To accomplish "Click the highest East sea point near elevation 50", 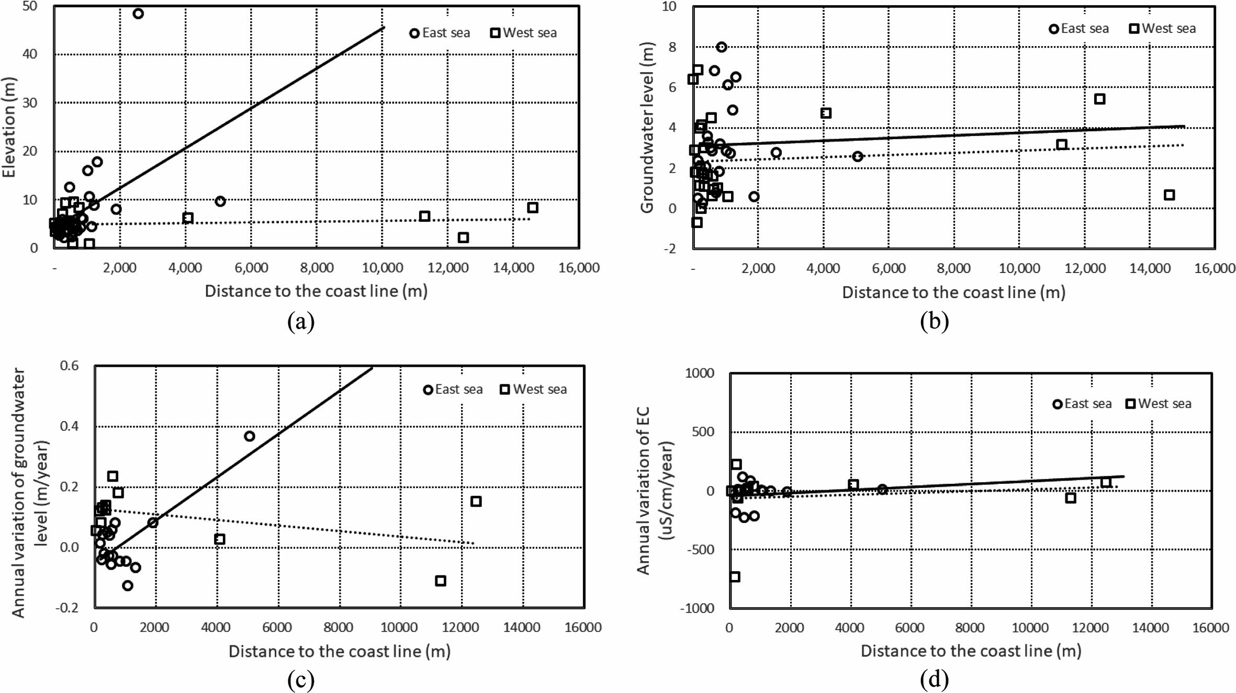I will [138, 14].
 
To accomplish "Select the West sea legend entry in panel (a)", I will [523, 33].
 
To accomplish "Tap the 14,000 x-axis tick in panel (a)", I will [513, 268].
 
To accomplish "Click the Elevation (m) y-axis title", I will [9, 127].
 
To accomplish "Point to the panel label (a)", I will [301, 322].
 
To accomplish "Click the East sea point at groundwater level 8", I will [722, 47].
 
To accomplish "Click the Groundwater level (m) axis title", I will [647, 127].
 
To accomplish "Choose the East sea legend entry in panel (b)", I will [1079, 29].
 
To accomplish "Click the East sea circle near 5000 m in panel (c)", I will [250, 436].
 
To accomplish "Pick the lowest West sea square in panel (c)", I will [441, 581].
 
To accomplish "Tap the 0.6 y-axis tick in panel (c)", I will [69, 366].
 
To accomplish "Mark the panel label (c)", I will [301, 680].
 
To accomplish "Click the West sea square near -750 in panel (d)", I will [735, 577].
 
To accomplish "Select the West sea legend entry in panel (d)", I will [1159, 404].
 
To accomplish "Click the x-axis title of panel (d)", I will [971, 651].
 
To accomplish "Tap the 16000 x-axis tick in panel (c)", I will [583, 628].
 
